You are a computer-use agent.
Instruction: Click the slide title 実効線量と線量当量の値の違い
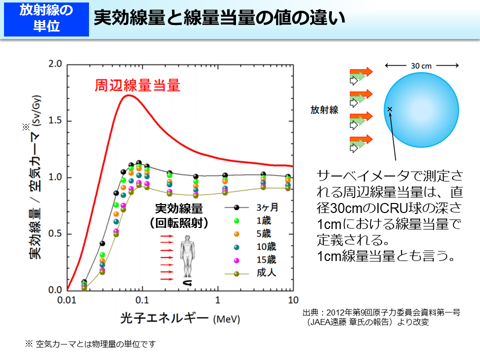[219, 18]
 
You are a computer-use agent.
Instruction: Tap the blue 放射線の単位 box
[46, 18]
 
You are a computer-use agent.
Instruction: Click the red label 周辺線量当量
[137, 86]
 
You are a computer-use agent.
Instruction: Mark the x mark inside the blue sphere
[389, 109]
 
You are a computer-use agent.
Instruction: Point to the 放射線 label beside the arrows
[324, 110]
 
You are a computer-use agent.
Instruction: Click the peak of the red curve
[129, 95]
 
